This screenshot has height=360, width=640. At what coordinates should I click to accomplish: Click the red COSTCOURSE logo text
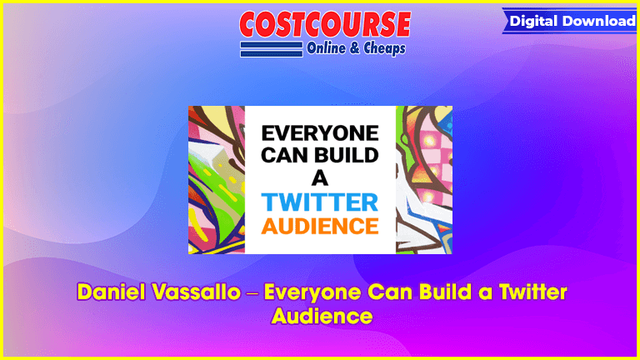click(x=325, y=24)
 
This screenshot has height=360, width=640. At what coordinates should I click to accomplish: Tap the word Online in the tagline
click(x=326, y=48)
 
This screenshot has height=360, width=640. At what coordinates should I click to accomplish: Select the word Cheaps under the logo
click(x=384, y=48)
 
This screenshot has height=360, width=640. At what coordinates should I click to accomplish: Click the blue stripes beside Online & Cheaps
click(x=272, y=49)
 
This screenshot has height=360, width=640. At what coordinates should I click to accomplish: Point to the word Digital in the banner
click(x=533, y=21)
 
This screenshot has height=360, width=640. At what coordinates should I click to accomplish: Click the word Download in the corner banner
click(x=599, y=21)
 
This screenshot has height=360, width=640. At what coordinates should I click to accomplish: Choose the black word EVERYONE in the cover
click(x=320, y=133)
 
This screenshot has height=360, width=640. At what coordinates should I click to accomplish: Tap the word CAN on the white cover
click(x=282, y=155)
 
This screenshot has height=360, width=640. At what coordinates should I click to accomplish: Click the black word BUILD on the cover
click(x=343, y=155)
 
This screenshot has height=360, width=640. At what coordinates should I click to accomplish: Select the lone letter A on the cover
click(x=320, y=178)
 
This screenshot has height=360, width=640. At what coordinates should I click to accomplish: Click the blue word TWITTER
click(x=320, y=202)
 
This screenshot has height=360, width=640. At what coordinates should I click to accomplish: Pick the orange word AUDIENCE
click(x=320, y=226)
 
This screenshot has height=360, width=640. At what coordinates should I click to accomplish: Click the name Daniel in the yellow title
click(x=112, y=292)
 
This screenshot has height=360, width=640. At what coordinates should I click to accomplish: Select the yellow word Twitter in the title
click(x=533, y=292)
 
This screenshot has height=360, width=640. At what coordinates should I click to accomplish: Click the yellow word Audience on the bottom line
click(x=322, y=316)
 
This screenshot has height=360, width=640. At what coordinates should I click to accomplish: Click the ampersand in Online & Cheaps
click(x=355, y=48)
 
